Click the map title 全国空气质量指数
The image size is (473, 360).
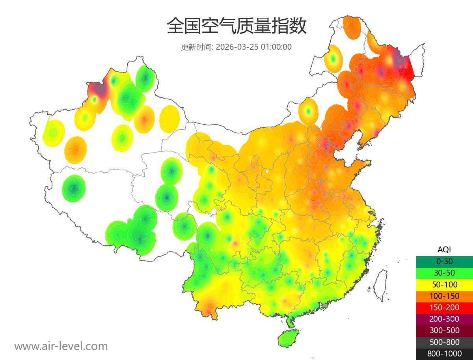coord(236,26)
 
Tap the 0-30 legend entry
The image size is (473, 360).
coord(444,261)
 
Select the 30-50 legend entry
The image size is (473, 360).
coord(444,273)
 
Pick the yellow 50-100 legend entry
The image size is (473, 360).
coord(444,284)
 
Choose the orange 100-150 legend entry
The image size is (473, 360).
coord(444,296)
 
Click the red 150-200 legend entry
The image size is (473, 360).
coord(444,308)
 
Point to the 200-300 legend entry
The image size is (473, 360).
coord(444,319)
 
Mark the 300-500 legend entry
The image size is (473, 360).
coord(444,330)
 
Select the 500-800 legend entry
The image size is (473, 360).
coord(444,342)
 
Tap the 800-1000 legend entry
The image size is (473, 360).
coord(444,354)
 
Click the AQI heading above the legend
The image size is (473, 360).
coord(444,250)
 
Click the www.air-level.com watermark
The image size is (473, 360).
coord(61,346)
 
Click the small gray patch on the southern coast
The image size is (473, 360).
coord(325,306)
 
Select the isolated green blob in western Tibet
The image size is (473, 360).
coord(74,188)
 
